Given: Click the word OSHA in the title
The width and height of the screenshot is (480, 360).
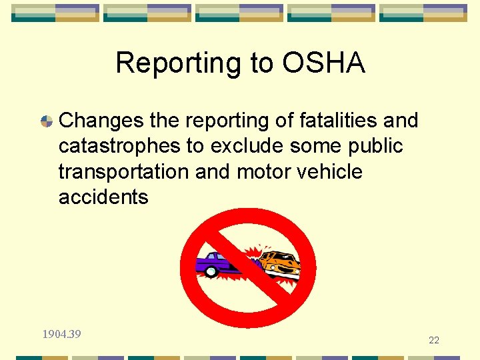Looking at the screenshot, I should pos(324,63).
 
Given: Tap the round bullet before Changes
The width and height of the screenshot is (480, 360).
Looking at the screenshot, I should pos(47,121).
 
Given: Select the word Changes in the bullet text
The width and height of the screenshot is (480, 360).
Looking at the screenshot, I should pos(101,121).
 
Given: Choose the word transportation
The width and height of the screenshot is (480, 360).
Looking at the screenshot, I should pos(124,171).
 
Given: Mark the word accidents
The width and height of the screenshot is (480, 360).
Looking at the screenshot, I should pos(103,197).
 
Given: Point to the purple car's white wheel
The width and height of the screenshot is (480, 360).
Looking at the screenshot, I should pos(211,271).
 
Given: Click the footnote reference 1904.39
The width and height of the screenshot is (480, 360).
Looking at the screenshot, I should pos(61,334).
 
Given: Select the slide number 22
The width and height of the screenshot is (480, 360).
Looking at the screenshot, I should pos(434,340).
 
